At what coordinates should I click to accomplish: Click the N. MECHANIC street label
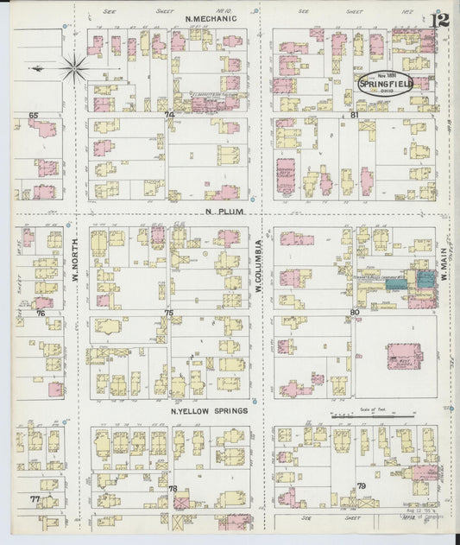click(x=205, y=17)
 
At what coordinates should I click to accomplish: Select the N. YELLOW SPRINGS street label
click(x=210, y=410)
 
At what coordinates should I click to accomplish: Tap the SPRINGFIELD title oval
click(x=386, y=83)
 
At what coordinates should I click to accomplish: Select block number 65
click(x=34, y=114)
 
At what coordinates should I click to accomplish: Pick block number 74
click(x=170, y=114)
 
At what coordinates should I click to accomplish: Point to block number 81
click(x=354, y=114)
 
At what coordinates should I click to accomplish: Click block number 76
click(x=40, y=314)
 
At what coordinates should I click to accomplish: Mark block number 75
click(x=169, y=313)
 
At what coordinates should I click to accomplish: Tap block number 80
click(x=354, y=312)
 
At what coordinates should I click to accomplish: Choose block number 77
click(x=35, y=499)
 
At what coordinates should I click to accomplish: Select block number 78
click(x=173, y=489)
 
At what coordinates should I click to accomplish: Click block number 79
click(x=361, y=487)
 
